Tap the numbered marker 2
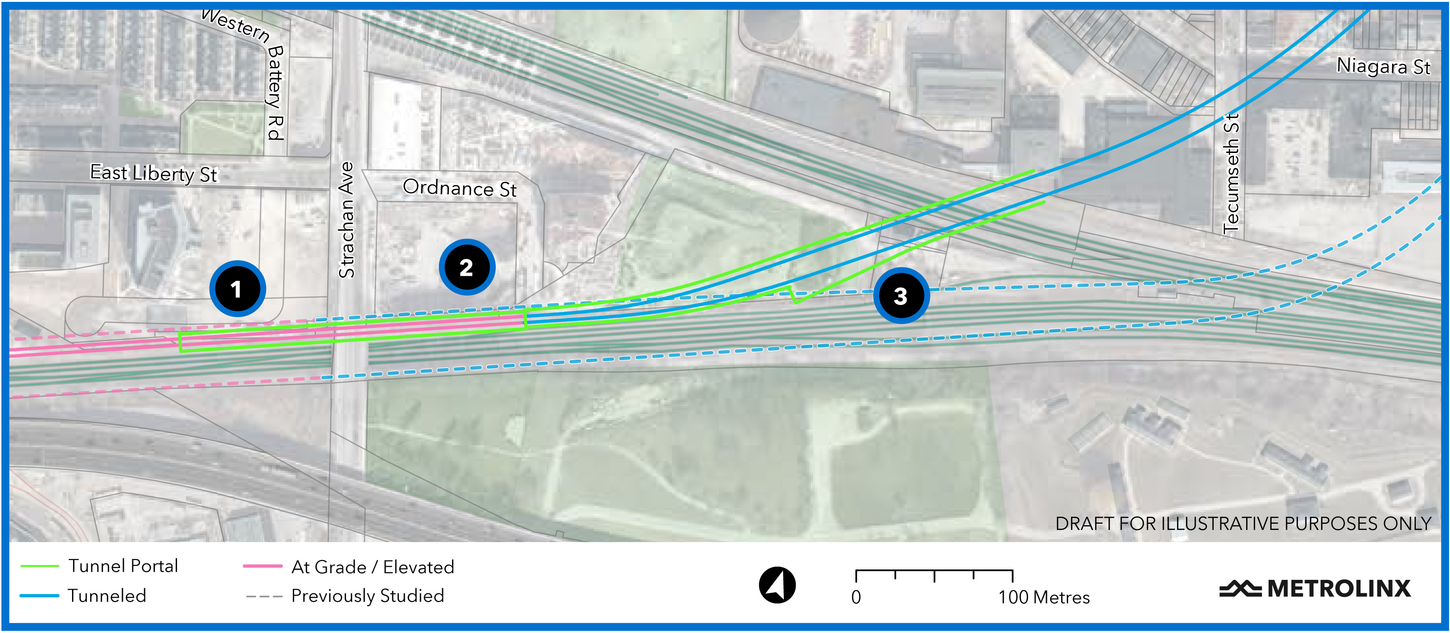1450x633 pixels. point(467,267)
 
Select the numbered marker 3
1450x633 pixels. point(901,296)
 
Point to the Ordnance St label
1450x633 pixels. point(459,188)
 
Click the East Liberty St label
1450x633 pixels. point(153,173)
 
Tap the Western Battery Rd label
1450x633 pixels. point(253,67)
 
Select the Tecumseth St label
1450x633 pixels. point(1231,173)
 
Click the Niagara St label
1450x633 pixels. point(1383,66)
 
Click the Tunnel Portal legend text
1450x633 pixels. point(123,566)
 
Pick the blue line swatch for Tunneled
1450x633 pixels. point(40,595)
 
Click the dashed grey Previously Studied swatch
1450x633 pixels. point(264,596)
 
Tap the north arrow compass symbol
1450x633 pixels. point(777,585)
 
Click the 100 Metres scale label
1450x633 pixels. point(1044,597)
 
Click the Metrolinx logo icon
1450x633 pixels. point(1240,589)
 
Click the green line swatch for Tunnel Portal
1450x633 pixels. point(40,566)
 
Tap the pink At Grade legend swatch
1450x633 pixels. point(262,566)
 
